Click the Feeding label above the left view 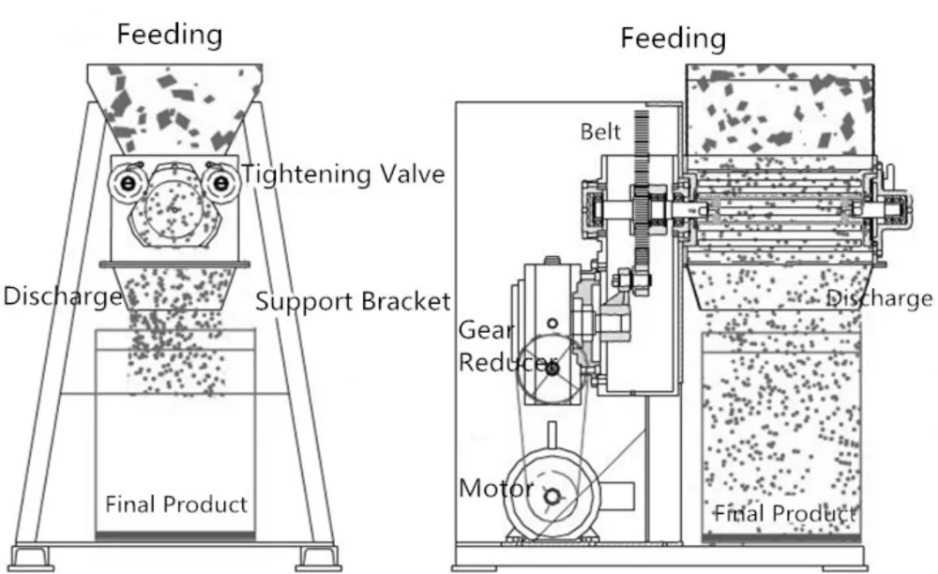click(x=169, y=35)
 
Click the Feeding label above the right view click(x=673, y=38)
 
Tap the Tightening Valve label click(x=343, y=174)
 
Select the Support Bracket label click(x=353, y=302)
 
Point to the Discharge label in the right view click(x=879, y=298)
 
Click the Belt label click(x=600, y=131)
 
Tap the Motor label click(x=495, y=489)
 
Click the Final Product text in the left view click(x=176, y=505)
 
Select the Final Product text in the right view click(x=785, y=514)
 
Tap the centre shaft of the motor click(x=553, y=497)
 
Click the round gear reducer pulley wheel click(x=551, y=368)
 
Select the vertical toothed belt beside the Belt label click(x=643, y=188)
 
